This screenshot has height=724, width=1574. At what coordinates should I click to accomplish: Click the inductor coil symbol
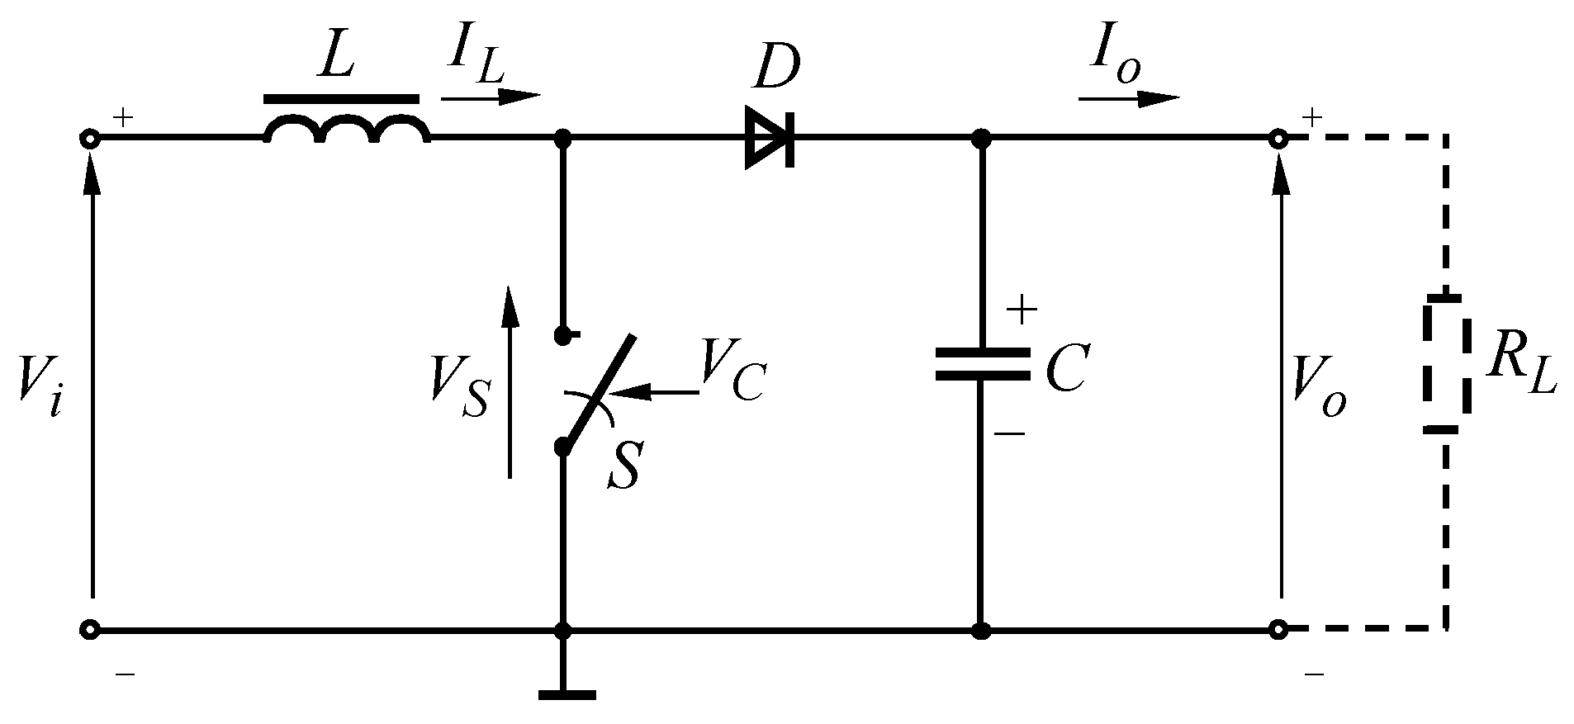[347, 130]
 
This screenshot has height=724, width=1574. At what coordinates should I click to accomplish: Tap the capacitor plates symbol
[982, 364]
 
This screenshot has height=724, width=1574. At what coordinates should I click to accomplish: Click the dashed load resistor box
[1445, 364]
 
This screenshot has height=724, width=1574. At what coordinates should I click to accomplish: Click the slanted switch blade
[599, 391]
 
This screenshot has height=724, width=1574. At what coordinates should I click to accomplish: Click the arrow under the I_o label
[1128, 99]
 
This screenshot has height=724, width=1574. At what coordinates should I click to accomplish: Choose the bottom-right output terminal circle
[1278, 630]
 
